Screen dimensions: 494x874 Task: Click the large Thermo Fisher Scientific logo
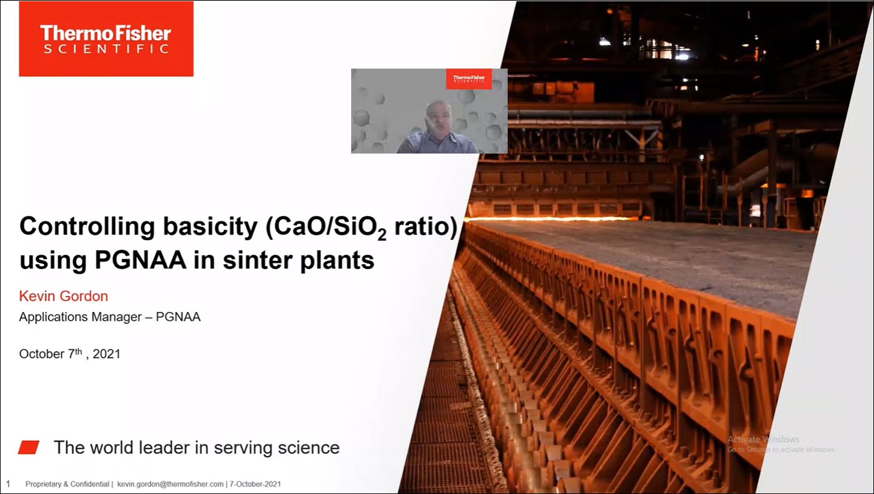106,39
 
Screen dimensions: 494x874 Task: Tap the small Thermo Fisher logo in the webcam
469,79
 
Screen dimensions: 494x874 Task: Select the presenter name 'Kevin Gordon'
64,296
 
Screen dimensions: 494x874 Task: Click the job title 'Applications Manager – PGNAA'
110,317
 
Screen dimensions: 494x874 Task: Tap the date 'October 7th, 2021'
70,354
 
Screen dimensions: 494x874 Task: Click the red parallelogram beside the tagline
29,448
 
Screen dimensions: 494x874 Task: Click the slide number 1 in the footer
8,484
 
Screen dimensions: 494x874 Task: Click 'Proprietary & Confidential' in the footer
67,484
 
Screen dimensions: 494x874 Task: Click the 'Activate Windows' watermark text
763,439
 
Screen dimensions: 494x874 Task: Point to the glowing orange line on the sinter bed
546,218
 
